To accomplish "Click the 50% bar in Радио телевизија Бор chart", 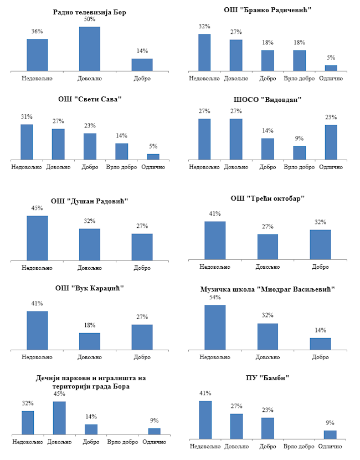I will click(90, 49).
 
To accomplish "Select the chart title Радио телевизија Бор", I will click(90, 12).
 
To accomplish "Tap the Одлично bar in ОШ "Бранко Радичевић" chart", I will click(331, 68).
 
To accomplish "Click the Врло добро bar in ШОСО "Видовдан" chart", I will click(300, 153).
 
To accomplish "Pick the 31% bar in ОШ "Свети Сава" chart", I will click(27, 142).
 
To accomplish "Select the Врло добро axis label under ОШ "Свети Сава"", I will click(121, 167).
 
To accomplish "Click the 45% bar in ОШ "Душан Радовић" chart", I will click(37, 238).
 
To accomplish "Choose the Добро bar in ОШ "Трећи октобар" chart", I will click(321, 244).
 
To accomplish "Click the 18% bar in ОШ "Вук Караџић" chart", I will click(90, 341).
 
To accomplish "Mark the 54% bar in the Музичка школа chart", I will click(215, 328).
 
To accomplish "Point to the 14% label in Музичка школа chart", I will click(321, 330).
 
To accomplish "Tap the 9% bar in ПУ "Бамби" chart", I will click(330, 434).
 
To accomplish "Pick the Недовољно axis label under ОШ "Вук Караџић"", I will click(37, 357).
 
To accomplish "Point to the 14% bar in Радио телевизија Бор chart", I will click(142, 65).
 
